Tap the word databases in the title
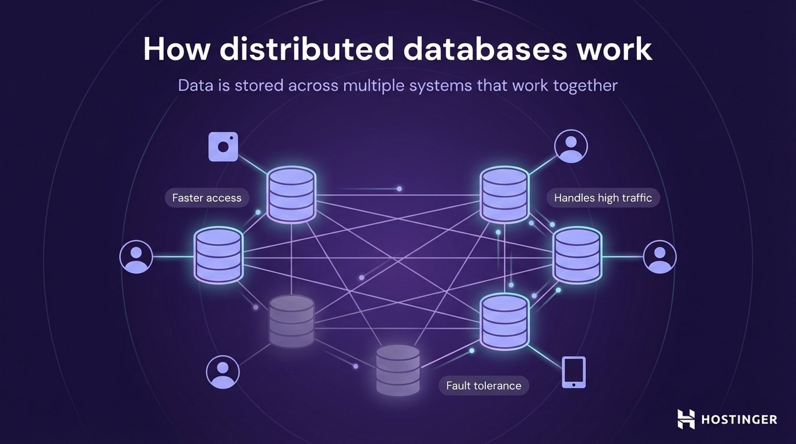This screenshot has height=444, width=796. [x=484, y=50]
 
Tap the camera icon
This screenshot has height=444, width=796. [x=223, y=146]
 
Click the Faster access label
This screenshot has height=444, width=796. [x=207, y=198]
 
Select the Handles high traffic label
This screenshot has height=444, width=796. [x=603, y=198]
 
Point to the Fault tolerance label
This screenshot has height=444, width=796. [x=484, y=386]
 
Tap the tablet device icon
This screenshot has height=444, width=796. [x=573, y=372]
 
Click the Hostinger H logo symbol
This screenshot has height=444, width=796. [x=686, y=419]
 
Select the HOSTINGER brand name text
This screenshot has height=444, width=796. [x=738, y=420]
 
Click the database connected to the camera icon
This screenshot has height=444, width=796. [x=291, y=194]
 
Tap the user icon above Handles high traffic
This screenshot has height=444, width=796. [x=571, y=146]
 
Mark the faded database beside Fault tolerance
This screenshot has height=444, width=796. [x=398, y=370]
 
